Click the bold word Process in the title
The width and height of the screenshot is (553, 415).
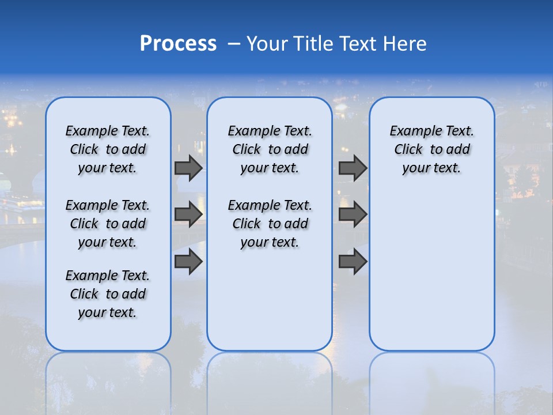pyautogui.click(x=178, y=43)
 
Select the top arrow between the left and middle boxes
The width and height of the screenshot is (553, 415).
pyautogui.click(x=188, y=168)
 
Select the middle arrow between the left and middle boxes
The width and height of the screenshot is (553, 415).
pyautogui.click(x=188, y=214)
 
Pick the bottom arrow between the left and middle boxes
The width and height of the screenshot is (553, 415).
pyautogui.click(x=188, y=262)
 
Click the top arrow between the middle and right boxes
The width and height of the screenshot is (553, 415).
pyautogui.click(x=353, y=168)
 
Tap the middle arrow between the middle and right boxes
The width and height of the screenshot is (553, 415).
pyautogui.click(x=353, y=214)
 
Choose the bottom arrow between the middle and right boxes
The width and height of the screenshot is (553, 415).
pyautogui.click(x=353, y=262)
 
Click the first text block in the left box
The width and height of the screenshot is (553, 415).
pyautogui.click(x=108, y=149)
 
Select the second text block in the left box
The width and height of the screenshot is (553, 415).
pyautogui.click(x=108, y=224)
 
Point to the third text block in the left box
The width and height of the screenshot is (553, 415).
pyautogui.click(x=108, y=294)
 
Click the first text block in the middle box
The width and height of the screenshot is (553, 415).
pyautogui.click(x=270, y=149)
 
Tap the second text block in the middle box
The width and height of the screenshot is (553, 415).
pyautogui.click(x=270, y=224)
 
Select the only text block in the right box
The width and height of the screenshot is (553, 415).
pyautogui.click(x=431, y=149)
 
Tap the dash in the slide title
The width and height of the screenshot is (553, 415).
pyautogui.click(x=234, y=44)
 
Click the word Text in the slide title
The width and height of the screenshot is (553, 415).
pyautogui.click(x=358, y=44)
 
